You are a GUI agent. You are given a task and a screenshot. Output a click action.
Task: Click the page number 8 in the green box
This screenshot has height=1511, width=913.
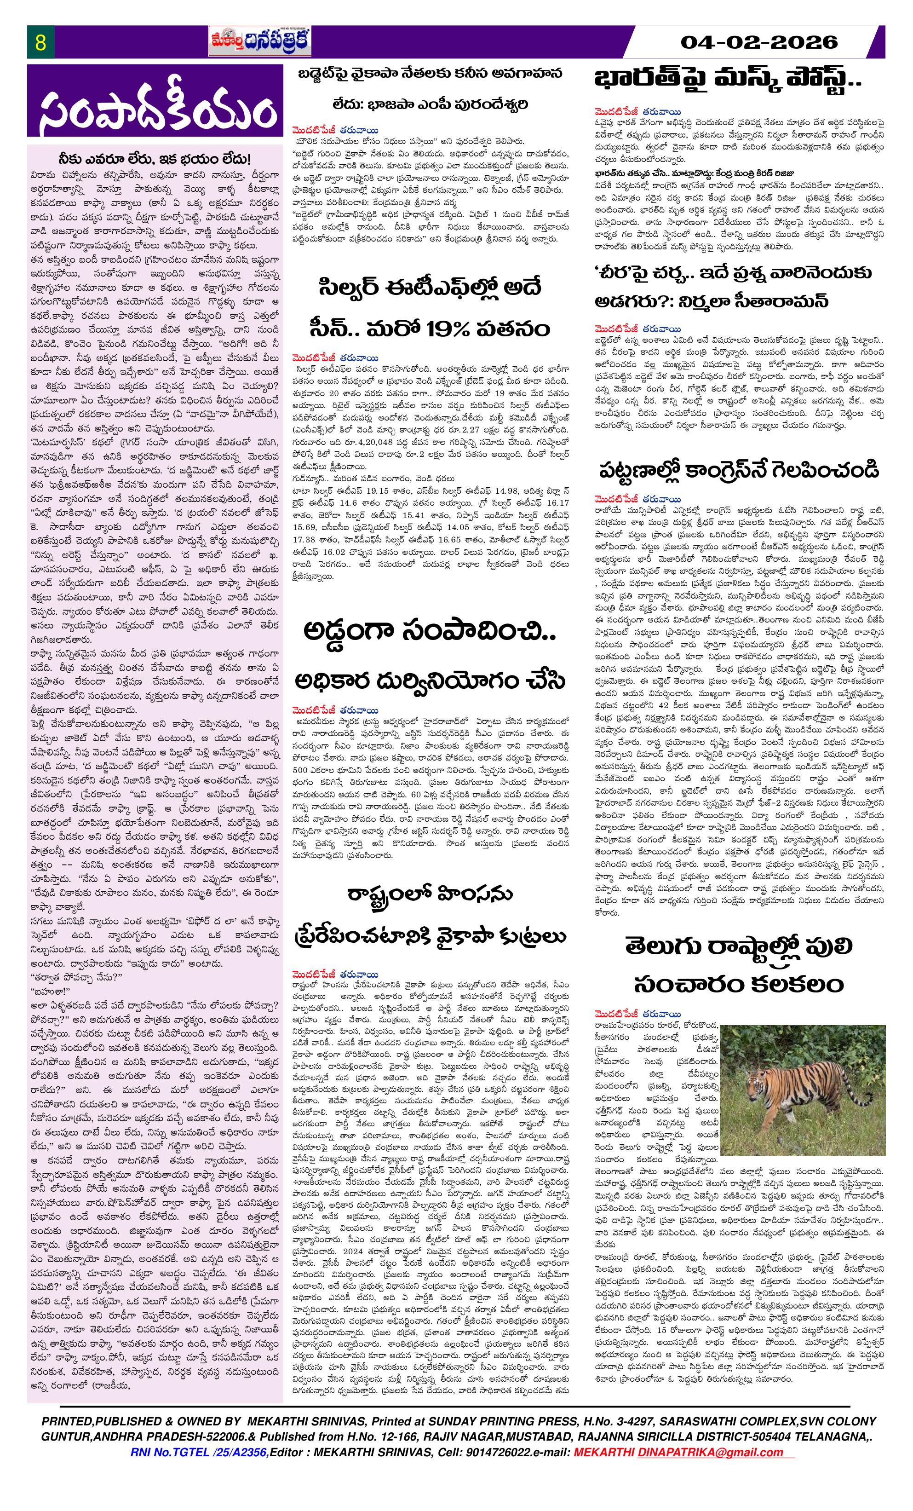click(x=40, y=43)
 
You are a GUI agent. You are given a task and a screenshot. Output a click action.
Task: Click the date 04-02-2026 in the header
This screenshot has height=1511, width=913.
click(x=759, y=42)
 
